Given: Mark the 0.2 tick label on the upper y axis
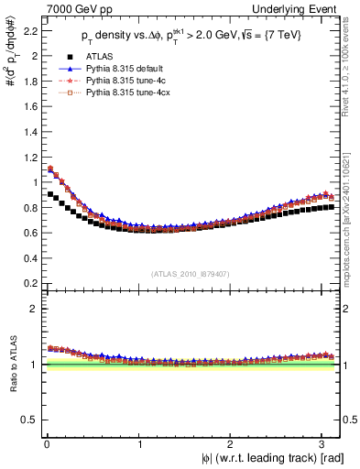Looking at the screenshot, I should (x=26, y=283).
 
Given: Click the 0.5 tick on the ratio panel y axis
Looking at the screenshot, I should (x=26, y=420).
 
